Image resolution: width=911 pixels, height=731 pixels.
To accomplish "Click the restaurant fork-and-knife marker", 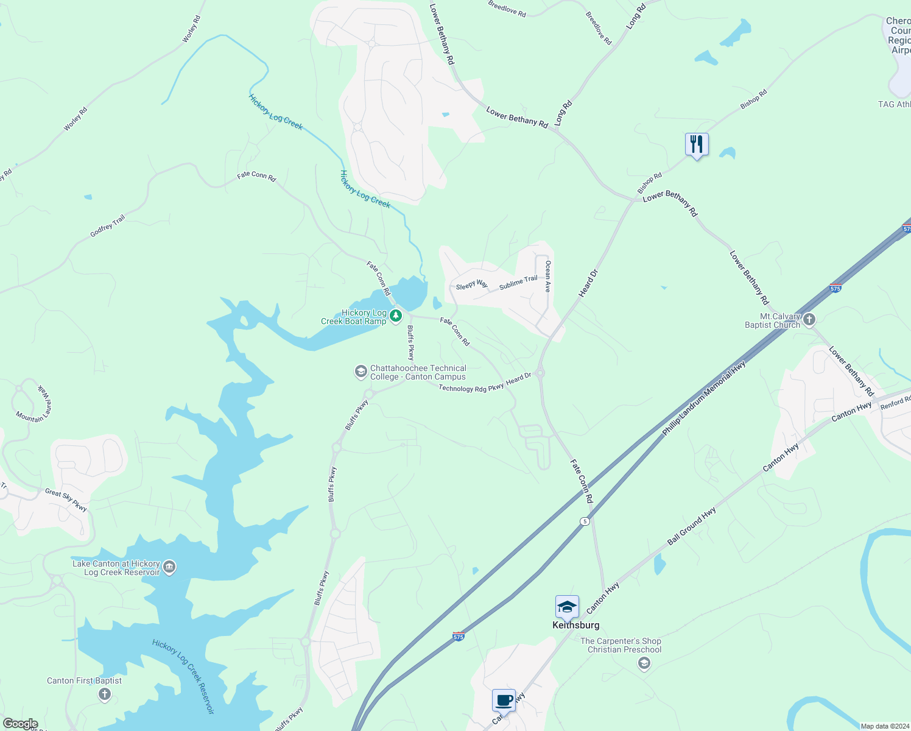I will pyautogui.click(x=697, y=144).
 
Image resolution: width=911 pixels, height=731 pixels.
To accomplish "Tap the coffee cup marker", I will pyautogui.click(x=504, y=700).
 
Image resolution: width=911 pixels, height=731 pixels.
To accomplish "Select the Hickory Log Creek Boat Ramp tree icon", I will pyautogui.click(x=396, y=316).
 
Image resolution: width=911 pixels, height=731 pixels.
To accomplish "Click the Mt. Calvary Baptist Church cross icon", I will pyautogui.click(x=809, y=319).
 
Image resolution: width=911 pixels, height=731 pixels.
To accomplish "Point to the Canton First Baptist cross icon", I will pyautogui.click(x=105, y=694).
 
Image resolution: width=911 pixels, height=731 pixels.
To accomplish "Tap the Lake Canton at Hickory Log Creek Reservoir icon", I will pyautogui.click(x=169, y=568).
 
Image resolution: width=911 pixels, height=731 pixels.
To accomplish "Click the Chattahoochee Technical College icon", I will pyautogui.click(x=361, y=372).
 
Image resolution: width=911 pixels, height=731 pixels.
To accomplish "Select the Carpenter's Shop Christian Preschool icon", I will pyautogui.click(x=644, y=663).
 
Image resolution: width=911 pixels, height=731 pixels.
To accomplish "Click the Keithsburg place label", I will pyautogui.click(x=575, y=625).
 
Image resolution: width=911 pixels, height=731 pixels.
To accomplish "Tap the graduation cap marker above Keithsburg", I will pyautogui.click(x=567, y=607).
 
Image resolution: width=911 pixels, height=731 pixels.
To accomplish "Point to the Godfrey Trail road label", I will pyautogui.click(x=107, y=226).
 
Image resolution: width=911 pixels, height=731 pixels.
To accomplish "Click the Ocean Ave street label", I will pyautogui.click(x=548, y=277).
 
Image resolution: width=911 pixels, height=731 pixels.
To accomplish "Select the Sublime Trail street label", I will pyautogui.click(x=518, y=282).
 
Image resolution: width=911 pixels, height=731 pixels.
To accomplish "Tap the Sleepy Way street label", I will pyautogui.click(x=471, y=284).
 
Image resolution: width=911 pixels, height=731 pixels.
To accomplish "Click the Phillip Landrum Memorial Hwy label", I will pyautogui.click(x=704, y=398).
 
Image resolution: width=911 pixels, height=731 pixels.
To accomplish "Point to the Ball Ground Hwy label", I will pyautogui.click(x=691, y=526).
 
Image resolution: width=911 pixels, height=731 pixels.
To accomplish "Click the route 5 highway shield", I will pyautogui.click(x=585, y=521).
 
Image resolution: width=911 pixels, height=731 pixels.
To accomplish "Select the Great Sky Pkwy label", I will pyautogui.click(x=66, y=500).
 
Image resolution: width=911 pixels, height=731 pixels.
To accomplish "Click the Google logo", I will pyautogui.click(x=21, y=724).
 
